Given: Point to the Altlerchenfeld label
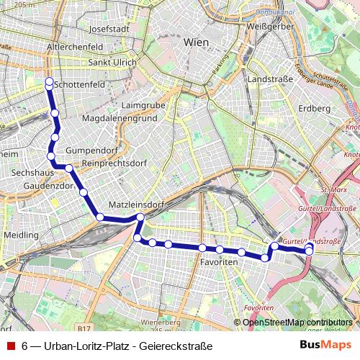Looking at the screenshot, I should [74, 47].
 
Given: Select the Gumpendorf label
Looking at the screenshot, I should [86, 150].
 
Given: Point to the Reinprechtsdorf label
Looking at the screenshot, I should [114, 164].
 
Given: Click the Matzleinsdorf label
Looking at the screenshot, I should [135, 205].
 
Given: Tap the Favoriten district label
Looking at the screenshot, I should [220, 264].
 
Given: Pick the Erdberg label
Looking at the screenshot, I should [313, 108].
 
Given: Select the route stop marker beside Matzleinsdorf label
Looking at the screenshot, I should [140, 217].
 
